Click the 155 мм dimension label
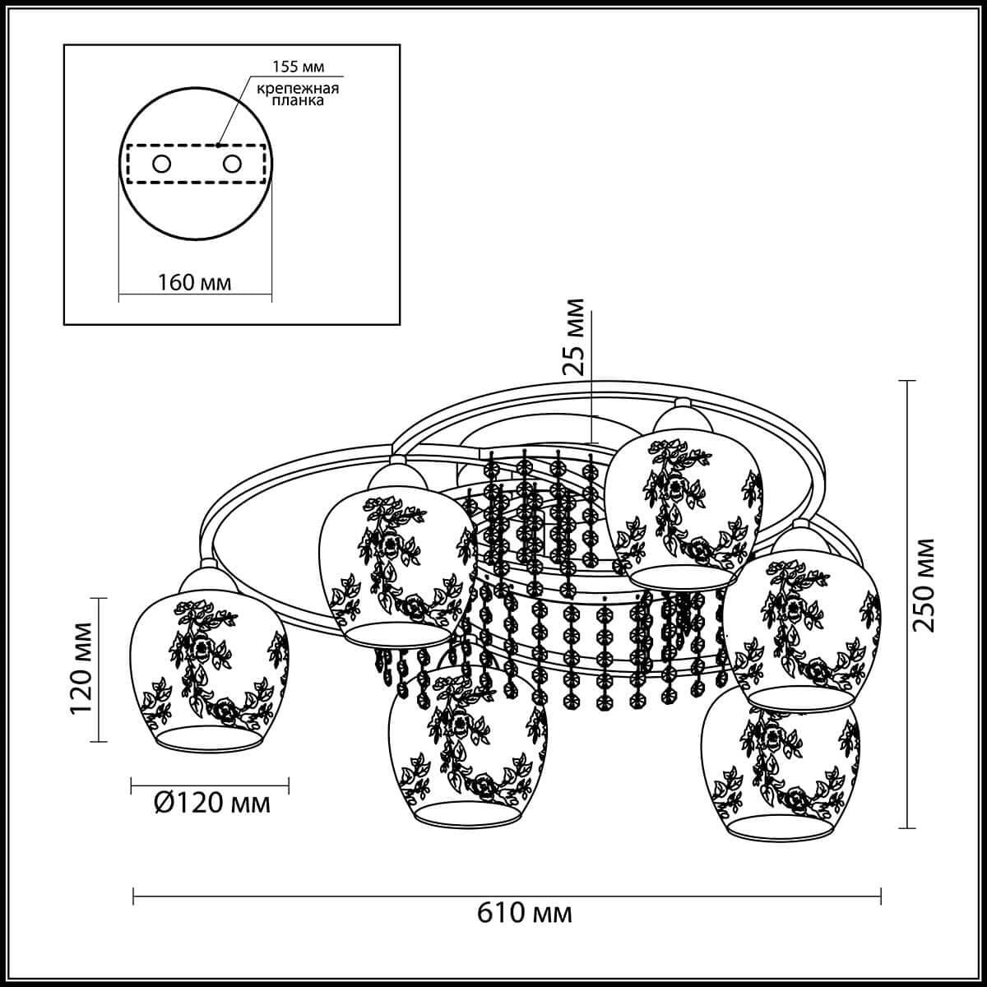coord(298,67)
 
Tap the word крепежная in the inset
coord(298,89)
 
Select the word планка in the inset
coord(298,100)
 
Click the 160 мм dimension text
coord(194,282)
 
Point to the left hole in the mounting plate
coord(161,164)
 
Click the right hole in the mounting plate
coord(232,164)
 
